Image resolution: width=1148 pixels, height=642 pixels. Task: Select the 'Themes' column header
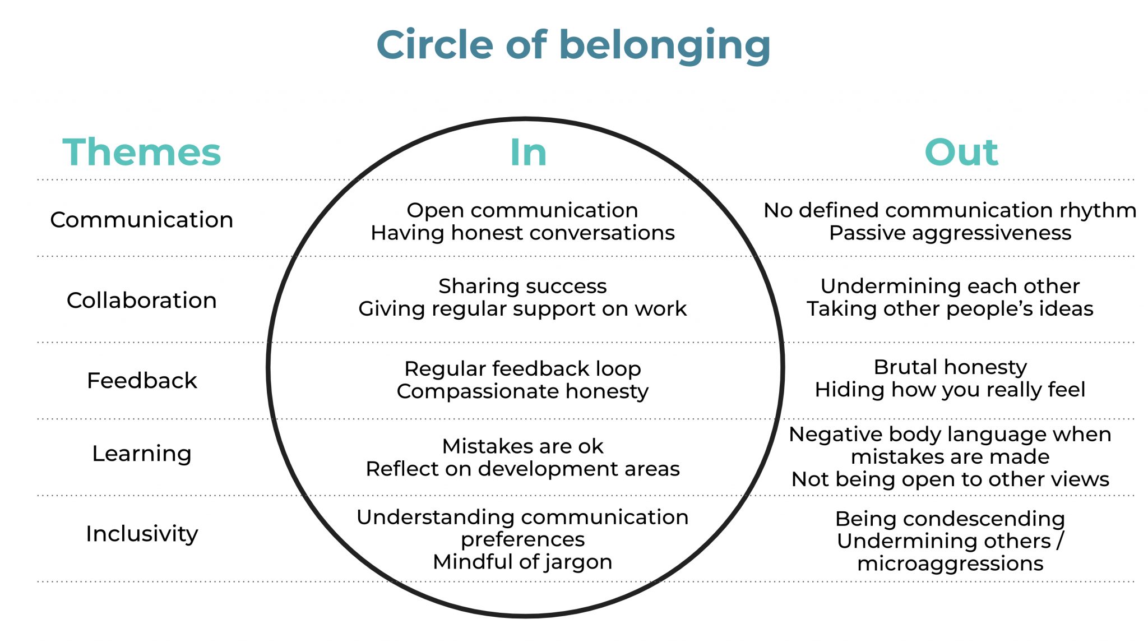coord(142,153)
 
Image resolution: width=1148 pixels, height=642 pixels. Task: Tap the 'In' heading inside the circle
coord(528,153)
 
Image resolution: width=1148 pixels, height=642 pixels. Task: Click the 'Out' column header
coord(961,153)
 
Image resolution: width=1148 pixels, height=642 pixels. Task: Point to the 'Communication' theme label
coord(142,220)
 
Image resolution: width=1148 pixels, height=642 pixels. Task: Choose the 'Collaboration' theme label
coord(142,301)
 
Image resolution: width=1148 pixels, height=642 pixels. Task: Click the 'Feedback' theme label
coord(142,381)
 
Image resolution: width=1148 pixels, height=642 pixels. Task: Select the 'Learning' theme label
coord(142,454)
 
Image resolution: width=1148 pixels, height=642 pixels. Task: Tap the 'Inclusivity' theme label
coord(142,534)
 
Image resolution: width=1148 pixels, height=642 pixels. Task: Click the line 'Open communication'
coord(522,210)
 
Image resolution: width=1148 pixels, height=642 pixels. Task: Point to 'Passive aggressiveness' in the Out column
coord(950,233)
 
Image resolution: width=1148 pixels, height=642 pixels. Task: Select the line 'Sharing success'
coord(522,287)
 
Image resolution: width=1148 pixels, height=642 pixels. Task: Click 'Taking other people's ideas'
coord(950,309)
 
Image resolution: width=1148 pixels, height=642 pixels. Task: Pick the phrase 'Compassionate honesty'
coord(522,391)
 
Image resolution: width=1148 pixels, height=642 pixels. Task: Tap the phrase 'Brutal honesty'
coord(950,367)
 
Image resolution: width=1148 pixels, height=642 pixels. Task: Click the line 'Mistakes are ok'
coord(522,446)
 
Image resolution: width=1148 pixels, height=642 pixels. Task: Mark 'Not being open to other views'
coord(950,479)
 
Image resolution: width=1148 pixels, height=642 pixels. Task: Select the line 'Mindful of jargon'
coord(522,562)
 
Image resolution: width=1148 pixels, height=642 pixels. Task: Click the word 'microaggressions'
coord(950,564)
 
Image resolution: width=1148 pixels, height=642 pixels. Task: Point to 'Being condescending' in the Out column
coord(950,519)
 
